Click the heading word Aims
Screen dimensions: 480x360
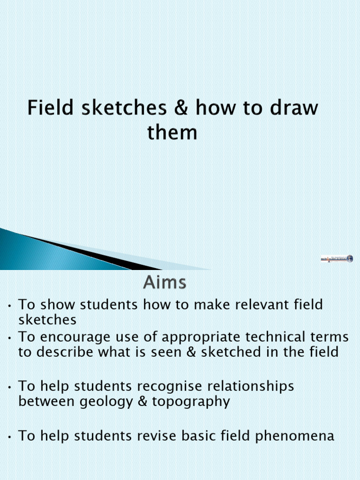165,283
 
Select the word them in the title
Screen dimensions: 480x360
172,133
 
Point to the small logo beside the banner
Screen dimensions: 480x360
337,258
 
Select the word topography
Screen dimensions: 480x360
191,402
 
